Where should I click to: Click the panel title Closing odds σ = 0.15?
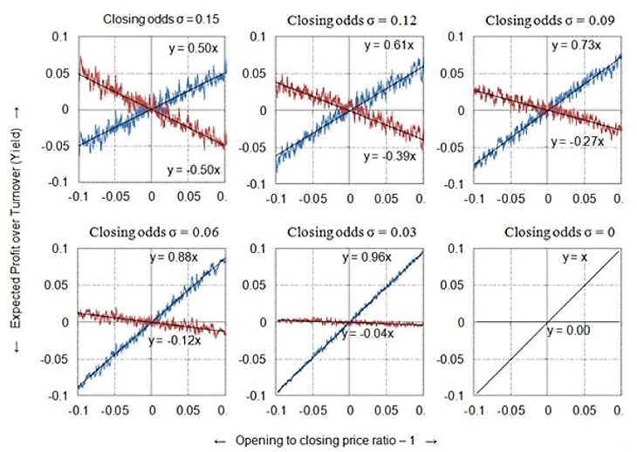pyautogui.click(x=157, y=17)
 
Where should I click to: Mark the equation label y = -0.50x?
pyautogui.click(x=188, y=166)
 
